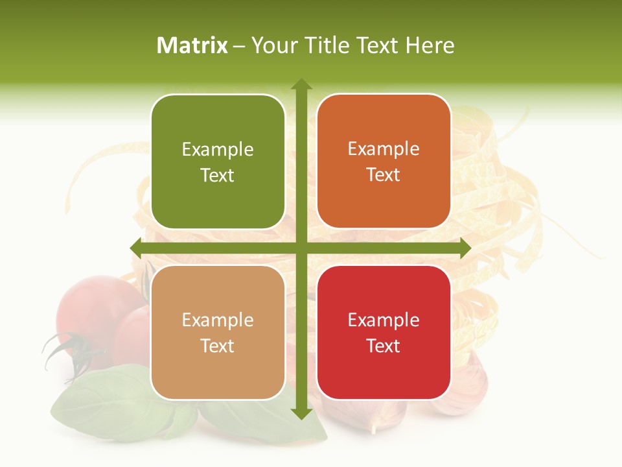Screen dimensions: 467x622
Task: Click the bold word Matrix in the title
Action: point(192,45)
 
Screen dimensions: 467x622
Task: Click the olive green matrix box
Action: point(218,162)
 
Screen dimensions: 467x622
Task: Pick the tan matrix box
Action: point(218,332)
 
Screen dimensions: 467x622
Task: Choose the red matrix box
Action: point(384,332)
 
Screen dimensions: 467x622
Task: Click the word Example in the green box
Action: point(218,149)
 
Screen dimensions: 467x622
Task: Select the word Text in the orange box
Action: point(384,174)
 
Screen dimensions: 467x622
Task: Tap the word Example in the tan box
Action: point(218,320)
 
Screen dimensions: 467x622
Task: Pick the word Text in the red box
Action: point(384,346)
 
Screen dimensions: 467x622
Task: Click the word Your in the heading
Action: point(273,45)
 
